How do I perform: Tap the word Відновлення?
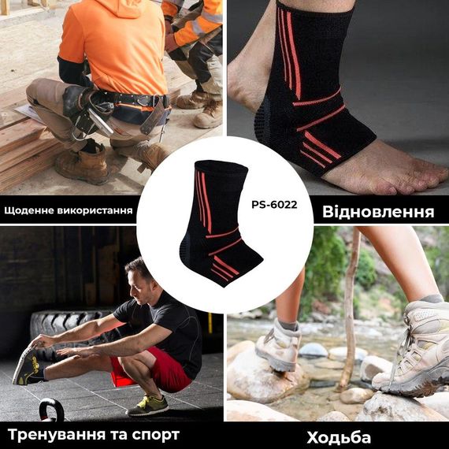377,212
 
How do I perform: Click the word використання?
99,211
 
